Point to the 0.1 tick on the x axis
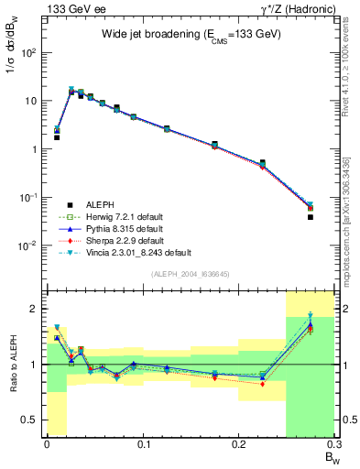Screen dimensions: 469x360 tap(143, 446)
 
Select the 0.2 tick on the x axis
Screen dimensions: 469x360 tap(239, 446)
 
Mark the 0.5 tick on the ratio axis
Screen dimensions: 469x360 tap(34, 420)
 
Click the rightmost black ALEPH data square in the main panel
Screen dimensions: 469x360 tap(311, 217)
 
